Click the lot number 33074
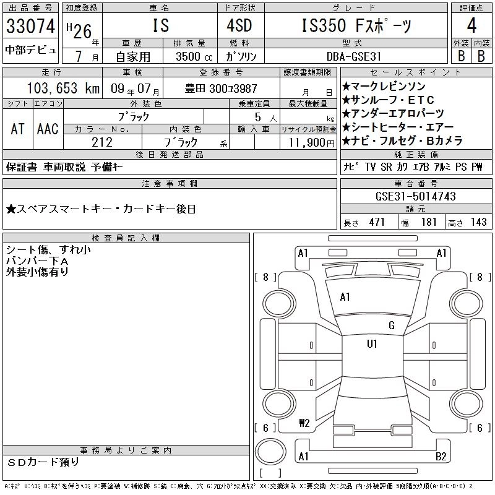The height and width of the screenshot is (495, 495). [30, 26]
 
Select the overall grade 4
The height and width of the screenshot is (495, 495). [471, 25]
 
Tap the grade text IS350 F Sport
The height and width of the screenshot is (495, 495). [356, 26]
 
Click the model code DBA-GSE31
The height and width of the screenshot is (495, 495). [354, 56]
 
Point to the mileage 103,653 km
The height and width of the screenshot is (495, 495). [63, 88]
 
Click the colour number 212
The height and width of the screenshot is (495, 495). [102, 142]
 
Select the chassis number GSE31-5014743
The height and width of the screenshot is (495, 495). [415, 196]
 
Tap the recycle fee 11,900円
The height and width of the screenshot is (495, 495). [312, 143]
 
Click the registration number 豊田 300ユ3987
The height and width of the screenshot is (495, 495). [221, 88]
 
